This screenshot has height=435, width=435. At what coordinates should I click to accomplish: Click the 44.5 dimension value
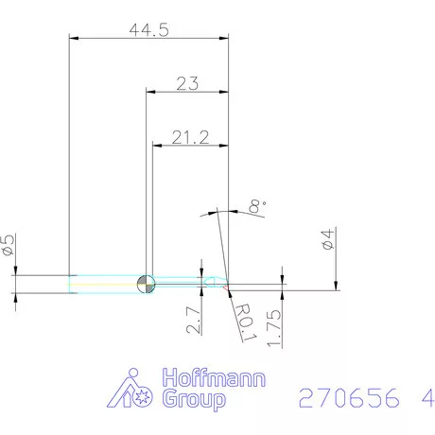(148, 30)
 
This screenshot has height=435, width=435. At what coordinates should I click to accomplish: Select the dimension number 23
(187, 83)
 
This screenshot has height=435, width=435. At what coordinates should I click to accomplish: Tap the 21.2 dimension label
(191, 138)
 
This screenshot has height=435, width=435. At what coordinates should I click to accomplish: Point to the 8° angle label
(254, 204)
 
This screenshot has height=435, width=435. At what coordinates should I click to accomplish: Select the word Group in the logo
(196, 400)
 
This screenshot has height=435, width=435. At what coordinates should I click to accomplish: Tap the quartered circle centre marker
(147, 283)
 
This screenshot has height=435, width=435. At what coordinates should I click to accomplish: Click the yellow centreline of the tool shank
(104, 283)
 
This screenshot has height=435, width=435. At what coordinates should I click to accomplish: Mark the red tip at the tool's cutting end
(227, 284)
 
